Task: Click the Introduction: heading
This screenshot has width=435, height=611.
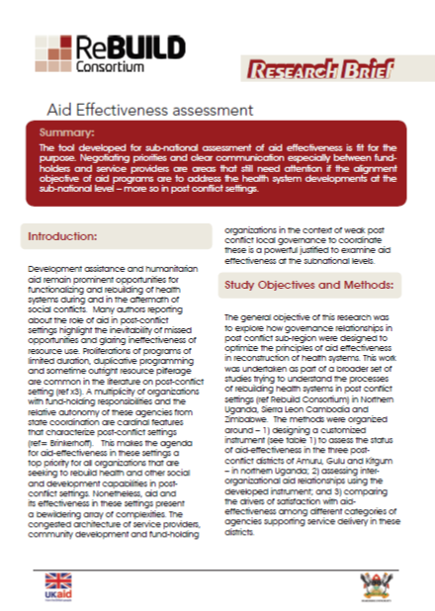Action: [x=61, y=237]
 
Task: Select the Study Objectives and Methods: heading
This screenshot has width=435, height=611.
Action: [x=307, y=287]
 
